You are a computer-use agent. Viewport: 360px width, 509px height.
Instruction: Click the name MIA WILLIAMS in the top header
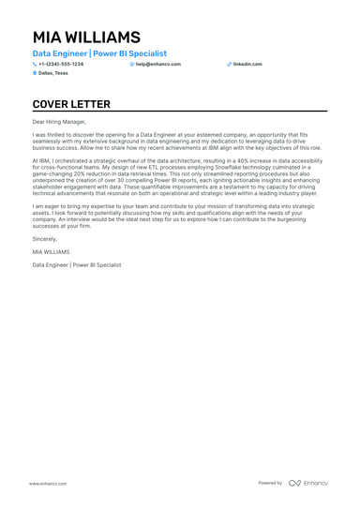pyautogui.click(x=86, y=38)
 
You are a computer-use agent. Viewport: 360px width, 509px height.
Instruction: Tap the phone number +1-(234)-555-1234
pyautogui.click(x=61, y=64)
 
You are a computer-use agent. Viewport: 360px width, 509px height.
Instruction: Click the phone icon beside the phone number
pyautogui.click(x=35, y=64)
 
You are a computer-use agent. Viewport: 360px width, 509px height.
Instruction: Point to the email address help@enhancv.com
pyautogui.click(x=156, y=64)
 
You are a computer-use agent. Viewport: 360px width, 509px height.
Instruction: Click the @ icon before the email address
pyautogui.click(x=132, y=64)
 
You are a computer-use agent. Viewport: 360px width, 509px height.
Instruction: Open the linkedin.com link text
pyautogui.click(x=247, y=64)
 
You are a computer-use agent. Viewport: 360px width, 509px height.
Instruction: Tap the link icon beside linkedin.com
pyautogui.click(x=229, y=64)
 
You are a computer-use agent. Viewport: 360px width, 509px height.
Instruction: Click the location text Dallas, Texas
pyautogui.click(x=53, y=72)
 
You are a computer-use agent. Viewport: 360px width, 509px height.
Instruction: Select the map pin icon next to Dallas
pyautogui.click(x=35, y=72)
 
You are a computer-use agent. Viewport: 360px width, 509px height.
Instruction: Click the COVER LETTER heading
pyautogui.click(x=71, y=104)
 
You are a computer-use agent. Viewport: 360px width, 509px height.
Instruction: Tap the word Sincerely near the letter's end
pyautogui.click(x=44, y=239)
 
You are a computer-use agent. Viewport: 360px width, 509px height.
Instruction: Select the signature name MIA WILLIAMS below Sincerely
pyautogui.click(x=51, y=252)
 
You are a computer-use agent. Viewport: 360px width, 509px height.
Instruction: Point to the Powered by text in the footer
pyautogui.click(x=270, y=483)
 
